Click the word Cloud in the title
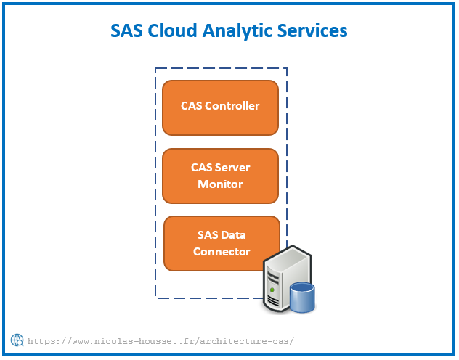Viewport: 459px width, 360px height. [172, 30]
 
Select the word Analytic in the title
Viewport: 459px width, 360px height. [237, 32]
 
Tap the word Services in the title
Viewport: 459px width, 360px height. [312, 30]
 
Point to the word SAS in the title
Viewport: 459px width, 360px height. [126, 30]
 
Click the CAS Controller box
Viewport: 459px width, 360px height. [221, 107]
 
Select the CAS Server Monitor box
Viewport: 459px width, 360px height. [221, 176]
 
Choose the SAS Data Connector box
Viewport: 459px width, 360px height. [222, 243]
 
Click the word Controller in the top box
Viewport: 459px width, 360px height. [232, 106]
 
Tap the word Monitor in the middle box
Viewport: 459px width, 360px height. [221, 184]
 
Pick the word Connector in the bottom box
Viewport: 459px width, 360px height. [222, 252]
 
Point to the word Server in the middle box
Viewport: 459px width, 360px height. [232, 168]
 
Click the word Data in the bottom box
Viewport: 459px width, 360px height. [232, 235]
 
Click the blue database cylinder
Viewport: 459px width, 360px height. [302, 298]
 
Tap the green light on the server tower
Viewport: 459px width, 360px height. [272, 290]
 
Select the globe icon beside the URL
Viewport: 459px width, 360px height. [17, 340]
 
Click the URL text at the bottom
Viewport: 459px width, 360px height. [161, 341]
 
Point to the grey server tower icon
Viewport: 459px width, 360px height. [288, 279]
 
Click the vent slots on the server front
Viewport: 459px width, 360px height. [273, 300]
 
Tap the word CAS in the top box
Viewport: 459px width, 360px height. [192, 106]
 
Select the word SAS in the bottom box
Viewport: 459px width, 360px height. [207, 235]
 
